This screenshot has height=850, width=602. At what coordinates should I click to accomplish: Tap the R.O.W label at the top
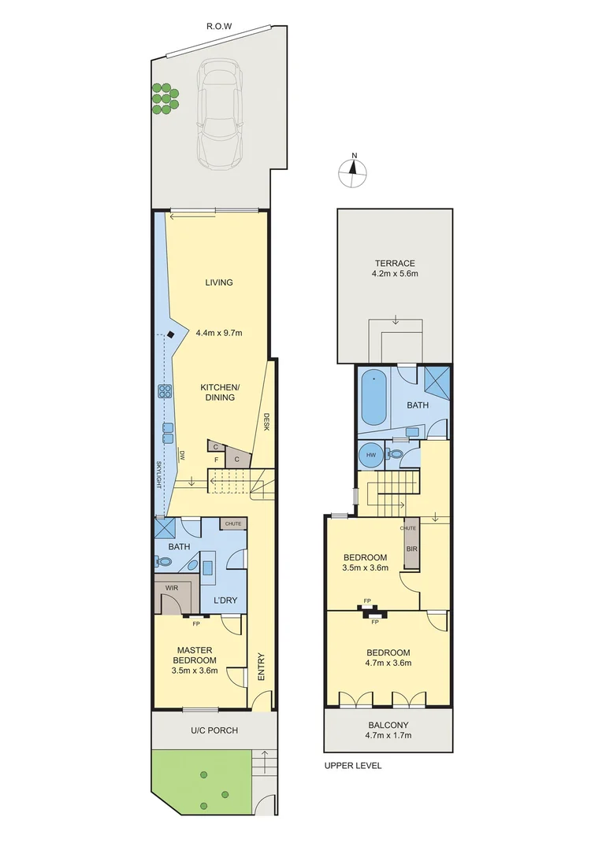click(218, 27)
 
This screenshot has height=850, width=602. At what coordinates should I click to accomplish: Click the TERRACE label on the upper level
click(395, 263)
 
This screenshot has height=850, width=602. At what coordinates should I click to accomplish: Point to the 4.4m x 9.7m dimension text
click(218, 333)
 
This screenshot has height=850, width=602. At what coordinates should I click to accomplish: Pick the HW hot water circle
click(368, 456)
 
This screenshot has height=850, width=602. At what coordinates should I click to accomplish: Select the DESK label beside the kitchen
click(267, 423)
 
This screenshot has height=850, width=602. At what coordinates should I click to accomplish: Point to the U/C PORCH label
click(215, 730)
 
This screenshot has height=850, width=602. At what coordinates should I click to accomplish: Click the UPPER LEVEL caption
click(353, 765)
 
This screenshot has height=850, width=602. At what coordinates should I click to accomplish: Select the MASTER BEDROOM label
click(195, 655)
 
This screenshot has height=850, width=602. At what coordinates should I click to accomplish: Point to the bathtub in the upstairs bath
click(373, 399)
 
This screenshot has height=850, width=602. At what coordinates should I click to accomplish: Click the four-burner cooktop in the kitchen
click(166, 391)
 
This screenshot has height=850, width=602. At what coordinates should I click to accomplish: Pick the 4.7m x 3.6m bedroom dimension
click(388, 663)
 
